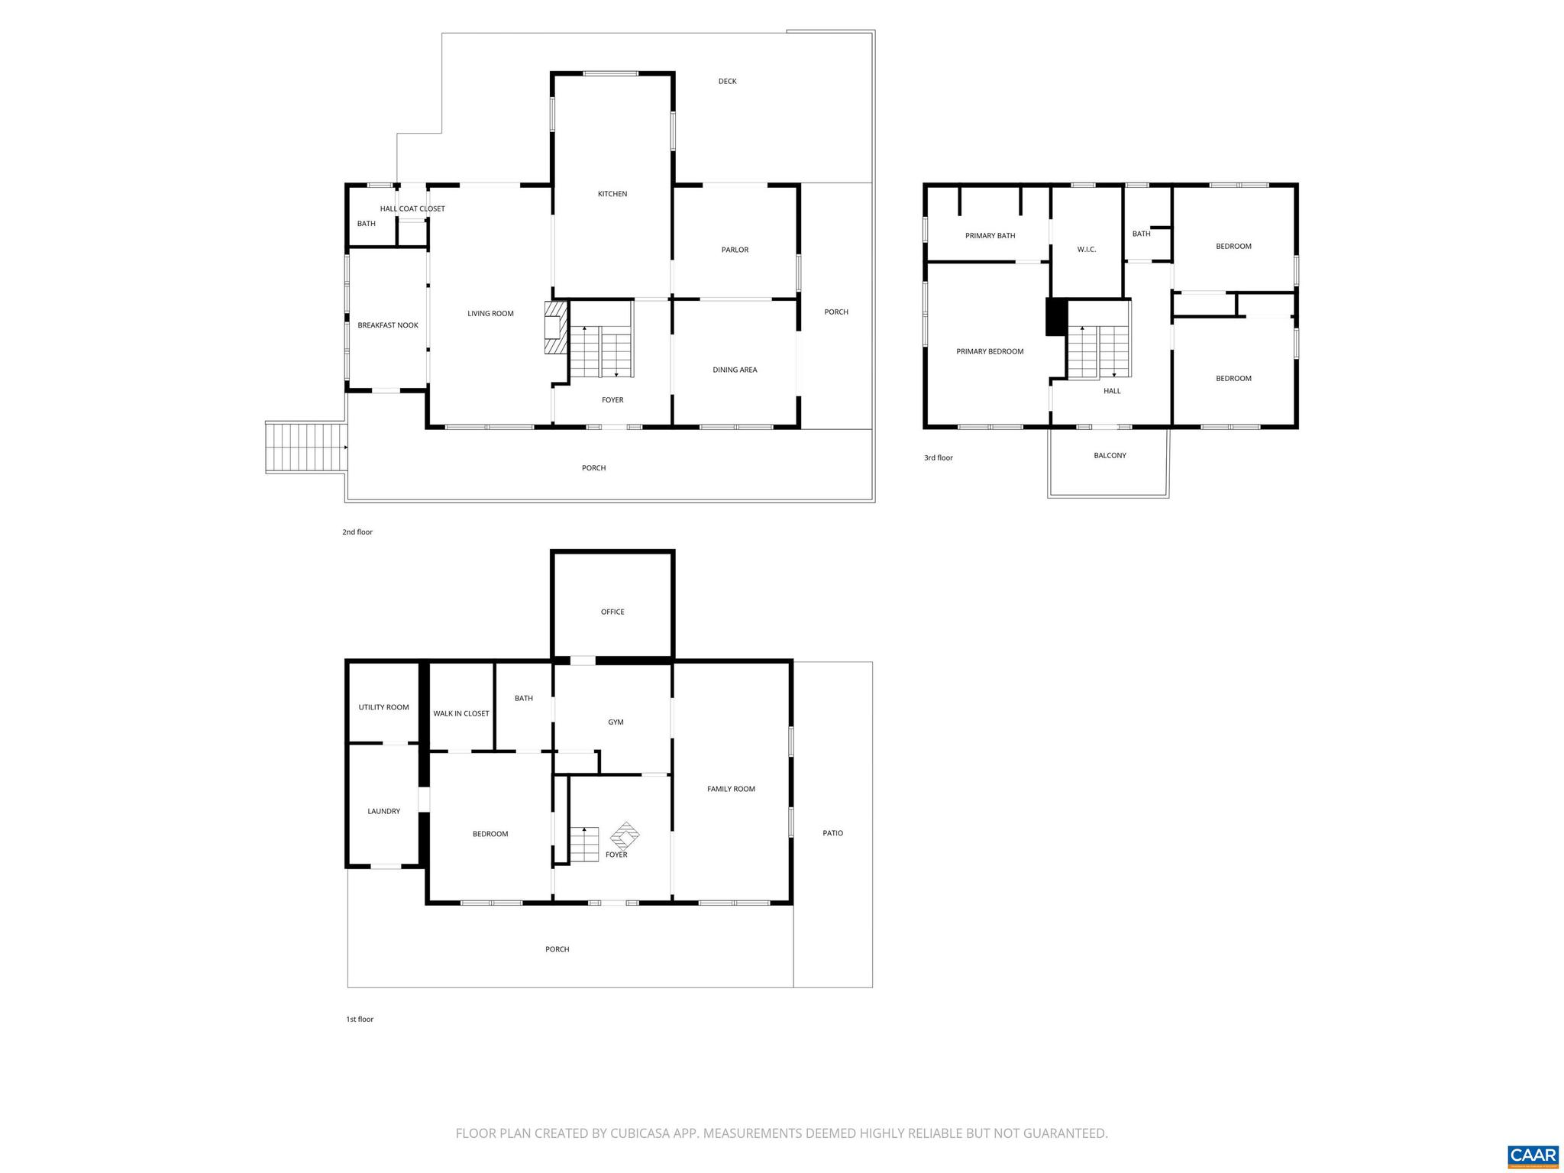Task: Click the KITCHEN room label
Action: tap(612, 194)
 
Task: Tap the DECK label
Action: tap(727, 81)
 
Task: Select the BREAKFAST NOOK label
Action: tap(388, 325)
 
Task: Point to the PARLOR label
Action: tap(735, 250)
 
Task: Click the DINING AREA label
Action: tap(735, 370)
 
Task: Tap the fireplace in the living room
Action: tap(556, 328)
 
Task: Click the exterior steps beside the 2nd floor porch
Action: tap(305, 448)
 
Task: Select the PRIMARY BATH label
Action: tap(990, 236)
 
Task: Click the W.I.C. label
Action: tap(1087, 250)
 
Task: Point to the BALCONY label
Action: tap(1110, 455)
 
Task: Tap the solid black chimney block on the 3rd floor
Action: tap(1056, 317)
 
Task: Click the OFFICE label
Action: tap(612, 612)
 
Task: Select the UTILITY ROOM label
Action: tap(383, 707)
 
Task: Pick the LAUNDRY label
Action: tap(383, 811)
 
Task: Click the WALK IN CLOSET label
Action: tap(461, 713)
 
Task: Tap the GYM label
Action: tap(616, 722)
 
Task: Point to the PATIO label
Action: tap(832, 833)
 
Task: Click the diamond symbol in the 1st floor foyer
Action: tap(625, 836)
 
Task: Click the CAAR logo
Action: tap(1533, 1156)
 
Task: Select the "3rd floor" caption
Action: tap(939, 458)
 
